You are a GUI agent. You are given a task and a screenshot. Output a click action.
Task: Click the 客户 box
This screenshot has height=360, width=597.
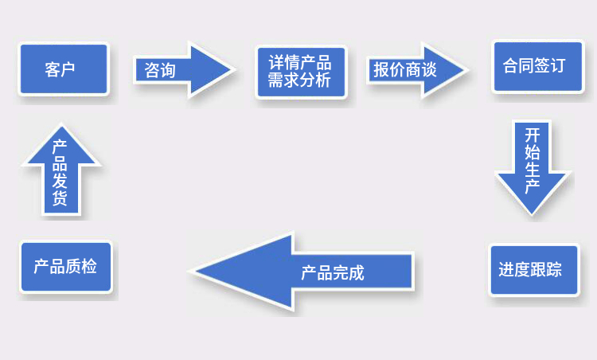click(x=64, y=69)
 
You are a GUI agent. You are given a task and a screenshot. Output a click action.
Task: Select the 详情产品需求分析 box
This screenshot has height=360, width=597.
click(x=301, y=72)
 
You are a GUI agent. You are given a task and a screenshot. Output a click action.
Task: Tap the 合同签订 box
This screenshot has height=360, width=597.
click(x=537, y=66)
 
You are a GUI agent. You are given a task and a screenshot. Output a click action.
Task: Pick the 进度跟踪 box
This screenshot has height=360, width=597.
click(x=534, y=270)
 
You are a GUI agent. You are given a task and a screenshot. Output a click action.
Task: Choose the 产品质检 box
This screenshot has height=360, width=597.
click(x=66, y=267)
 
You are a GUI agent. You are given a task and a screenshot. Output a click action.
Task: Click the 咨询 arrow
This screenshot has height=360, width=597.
click(x=185, y=70)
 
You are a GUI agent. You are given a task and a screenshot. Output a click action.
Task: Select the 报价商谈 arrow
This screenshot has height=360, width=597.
click(x=417, y=70)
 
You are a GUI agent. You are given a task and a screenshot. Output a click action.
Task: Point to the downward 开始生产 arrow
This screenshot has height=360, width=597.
click(x=532, y=168)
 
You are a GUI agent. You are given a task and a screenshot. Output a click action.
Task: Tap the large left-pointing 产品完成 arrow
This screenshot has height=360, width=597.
click(x=302, y=271)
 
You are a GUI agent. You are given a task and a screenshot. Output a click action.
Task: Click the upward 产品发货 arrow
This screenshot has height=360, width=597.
click(x=61, y=170)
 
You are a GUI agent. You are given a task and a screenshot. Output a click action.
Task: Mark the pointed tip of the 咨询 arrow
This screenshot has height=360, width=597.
click(x=235, y=70)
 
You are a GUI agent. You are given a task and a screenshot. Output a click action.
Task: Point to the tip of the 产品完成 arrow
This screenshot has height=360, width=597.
click(x=190, y=271)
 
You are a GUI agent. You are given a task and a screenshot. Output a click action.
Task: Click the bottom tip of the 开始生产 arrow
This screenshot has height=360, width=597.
click(x=532, y=216)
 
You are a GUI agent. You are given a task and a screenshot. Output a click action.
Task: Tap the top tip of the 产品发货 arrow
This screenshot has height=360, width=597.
click(x=61, y=124)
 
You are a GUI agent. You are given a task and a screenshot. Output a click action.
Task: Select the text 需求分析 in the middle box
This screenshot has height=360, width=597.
click(x=299, y=80)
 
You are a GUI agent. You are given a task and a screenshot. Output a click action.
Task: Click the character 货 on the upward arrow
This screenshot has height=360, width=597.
click(x=60, y=198)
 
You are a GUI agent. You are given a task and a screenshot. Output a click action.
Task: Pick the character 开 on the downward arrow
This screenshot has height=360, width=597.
click(x=532, y=135)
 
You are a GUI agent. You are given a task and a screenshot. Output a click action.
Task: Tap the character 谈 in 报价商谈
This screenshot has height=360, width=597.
click(x=429, y=70)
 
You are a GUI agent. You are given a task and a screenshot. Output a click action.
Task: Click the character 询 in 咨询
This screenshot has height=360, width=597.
click(x=168, y=70)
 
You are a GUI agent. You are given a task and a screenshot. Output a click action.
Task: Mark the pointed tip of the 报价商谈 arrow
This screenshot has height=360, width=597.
click(x=467, y=70)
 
